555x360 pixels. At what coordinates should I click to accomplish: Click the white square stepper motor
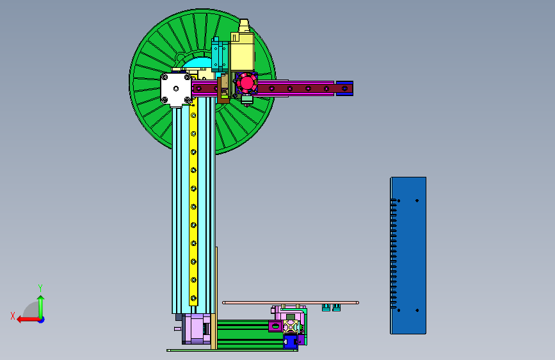click(176, 89)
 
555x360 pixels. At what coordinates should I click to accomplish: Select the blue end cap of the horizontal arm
click(344, 88)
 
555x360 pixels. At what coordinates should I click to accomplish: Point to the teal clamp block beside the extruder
click(220, 54)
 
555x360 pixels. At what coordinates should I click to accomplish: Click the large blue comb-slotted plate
click(408, 256)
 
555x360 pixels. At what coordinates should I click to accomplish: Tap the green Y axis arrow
click(41, 307)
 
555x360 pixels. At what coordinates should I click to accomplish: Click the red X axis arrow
click(29, 320)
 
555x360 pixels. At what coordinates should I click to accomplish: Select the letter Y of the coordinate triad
click(40, 288)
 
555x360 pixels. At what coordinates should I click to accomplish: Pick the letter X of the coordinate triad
click(13, 316)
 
